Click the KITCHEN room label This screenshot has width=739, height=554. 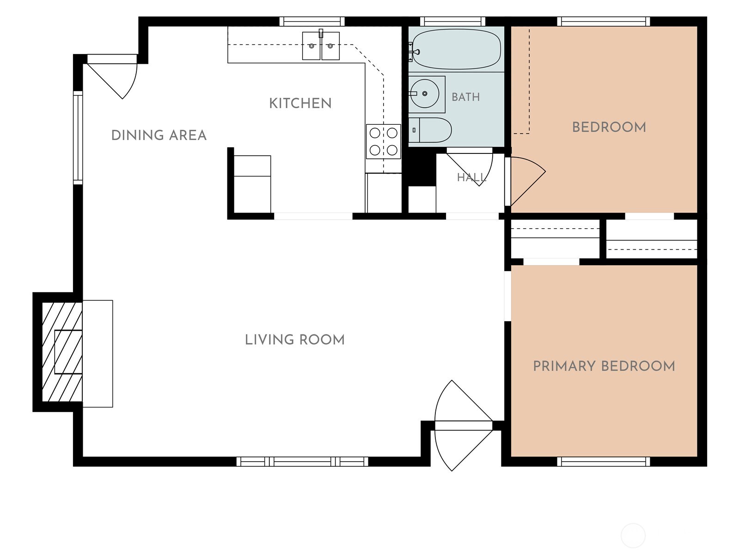[300, 103]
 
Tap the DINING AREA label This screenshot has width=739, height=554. [159, 135]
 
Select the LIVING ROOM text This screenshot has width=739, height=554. [295, 340]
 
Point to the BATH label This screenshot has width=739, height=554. [465, 97]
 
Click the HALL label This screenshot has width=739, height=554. [471, 177]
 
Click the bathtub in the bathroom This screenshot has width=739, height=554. [456, 49]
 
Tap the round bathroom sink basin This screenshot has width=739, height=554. [425, 94]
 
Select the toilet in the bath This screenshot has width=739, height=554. [430, 130]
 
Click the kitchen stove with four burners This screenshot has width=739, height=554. [384, 141]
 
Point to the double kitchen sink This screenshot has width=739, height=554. [321, 46]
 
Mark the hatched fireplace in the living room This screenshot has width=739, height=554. [62, 352]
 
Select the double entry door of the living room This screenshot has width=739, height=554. [463, 426]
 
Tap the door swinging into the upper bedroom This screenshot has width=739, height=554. [527, 181]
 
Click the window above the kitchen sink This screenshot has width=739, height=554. [312, 22]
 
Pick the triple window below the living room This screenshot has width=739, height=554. [302, 462]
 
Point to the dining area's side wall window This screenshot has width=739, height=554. [78, 138]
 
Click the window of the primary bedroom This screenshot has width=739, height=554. [604, 462]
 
